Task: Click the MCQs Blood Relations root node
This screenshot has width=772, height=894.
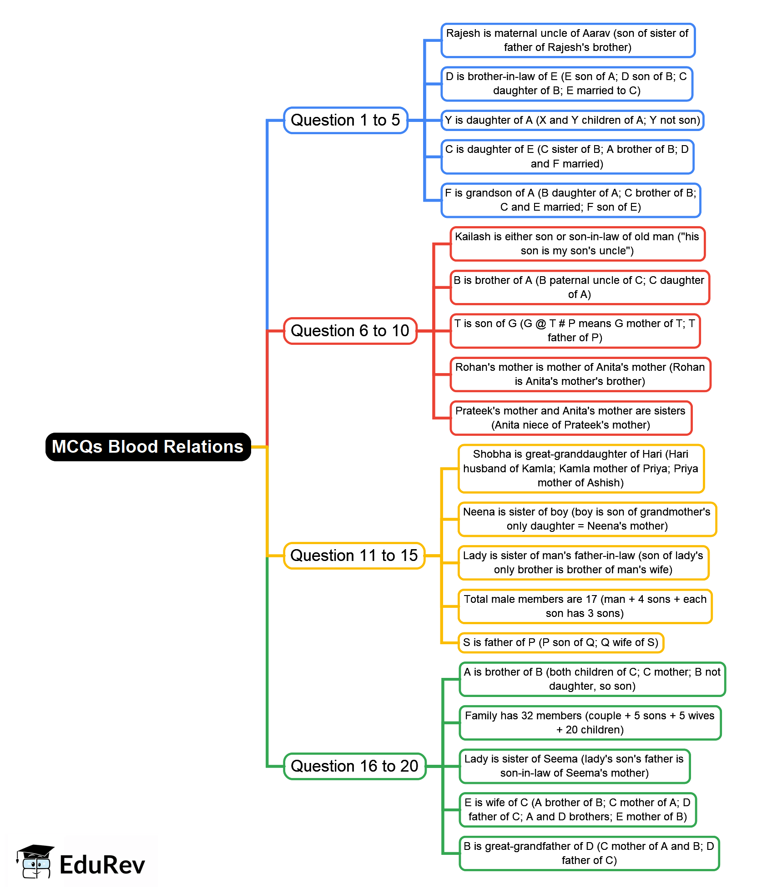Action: pos(148,447)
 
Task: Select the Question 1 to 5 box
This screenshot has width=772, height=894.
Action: pos(345,120)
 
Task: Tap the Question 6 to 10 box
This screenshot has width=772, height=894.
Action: pos(350,331)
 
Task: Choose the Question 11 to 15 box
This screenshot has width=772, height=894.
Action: pos(354,556)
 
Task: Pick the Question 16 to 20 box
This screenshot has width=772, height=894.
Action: pos(354,766)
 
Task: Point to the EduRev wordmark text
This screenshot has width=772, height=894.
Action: pos(102,865)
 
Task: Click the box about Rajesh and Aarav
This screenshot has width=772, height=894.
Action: pos(568,40)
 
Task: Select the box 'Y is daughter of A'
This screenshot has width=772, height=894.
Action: pos(572,120)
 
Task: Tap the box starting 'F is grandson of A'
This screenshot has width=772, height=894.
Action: pos(570,200)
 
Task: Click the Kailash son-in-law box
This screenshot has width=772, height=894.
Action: pos(577,244)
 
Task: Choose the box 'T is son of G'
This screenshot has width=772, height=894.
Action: pos(575,331)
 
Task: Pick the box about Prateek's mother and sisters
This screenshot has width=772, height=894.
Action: pos(570,418)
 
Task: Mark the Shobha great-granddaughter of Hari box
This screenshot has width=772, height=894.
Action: pos(581,469)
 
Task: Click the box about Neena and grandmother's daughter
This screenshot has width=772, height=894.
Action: pos(587,519)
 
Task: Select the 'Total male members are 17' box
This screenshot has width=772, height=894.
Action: pos(585,606)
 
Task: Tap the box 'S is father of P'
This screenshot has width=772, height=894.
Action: pos(560,642)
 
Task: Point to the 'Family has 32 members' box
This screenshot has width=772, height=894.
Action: pos(590,722)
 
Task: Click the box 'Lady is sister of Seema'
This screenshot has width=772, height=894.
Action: pos(574,766)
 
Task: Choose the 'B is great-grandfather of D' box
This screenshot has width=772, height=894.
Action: pos(589,853)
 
